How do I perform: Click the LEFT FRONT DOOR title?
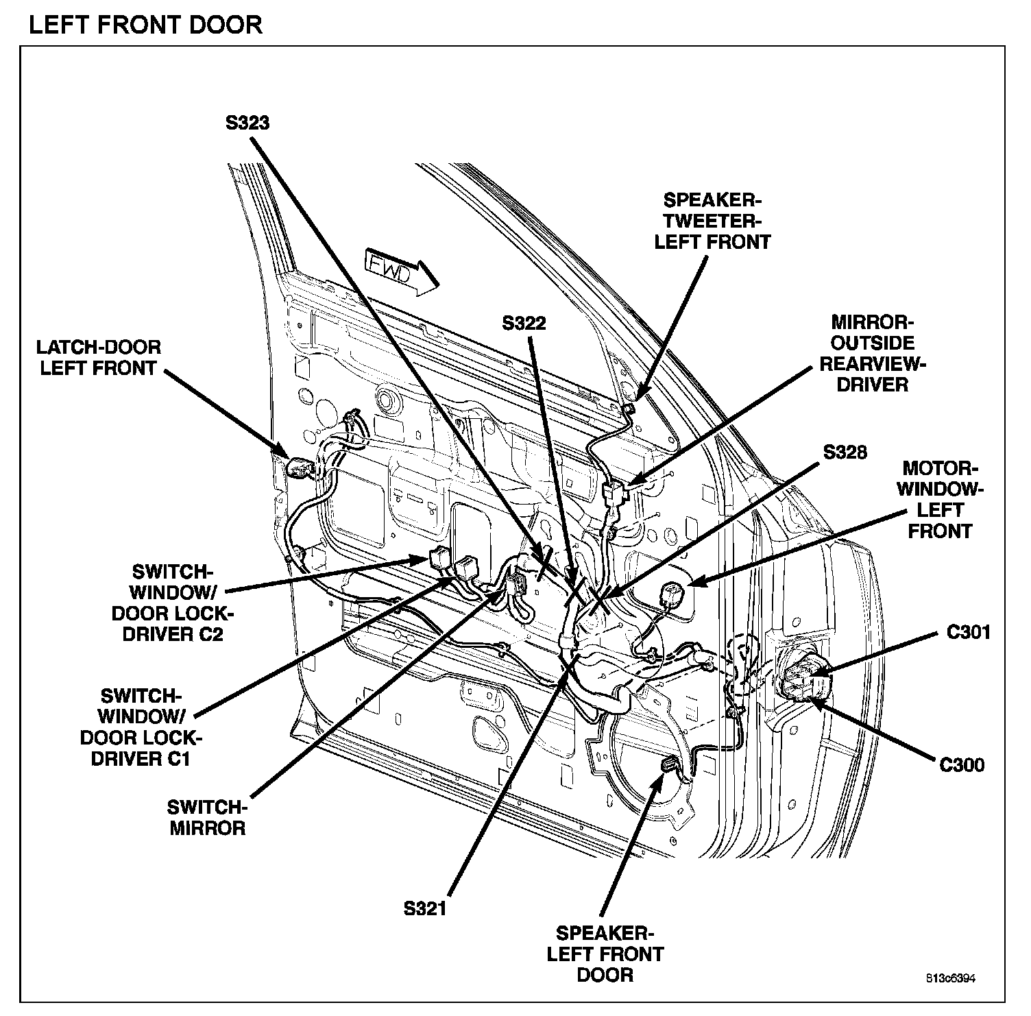tap(145, 25)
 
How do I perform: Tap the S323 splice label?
tap(247, 123)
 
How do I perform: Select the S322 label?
tap(524, 323)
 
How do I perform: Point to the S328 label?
tap(845, 452)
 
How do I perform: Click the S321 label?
tap(425, 909)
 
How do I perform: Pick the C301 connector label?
tap(969, 632)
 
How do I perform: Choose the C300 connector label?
tap(962, 765)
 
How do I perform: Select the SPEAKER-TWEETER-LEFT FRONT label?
tap(713, 221)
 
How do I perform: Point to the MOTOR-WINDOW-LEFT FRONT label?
tap(940, 500)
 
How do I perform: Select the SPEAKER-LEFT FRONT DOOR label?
tap(605, 954)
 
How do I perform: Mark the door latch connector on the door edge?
tap(300, 468)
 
